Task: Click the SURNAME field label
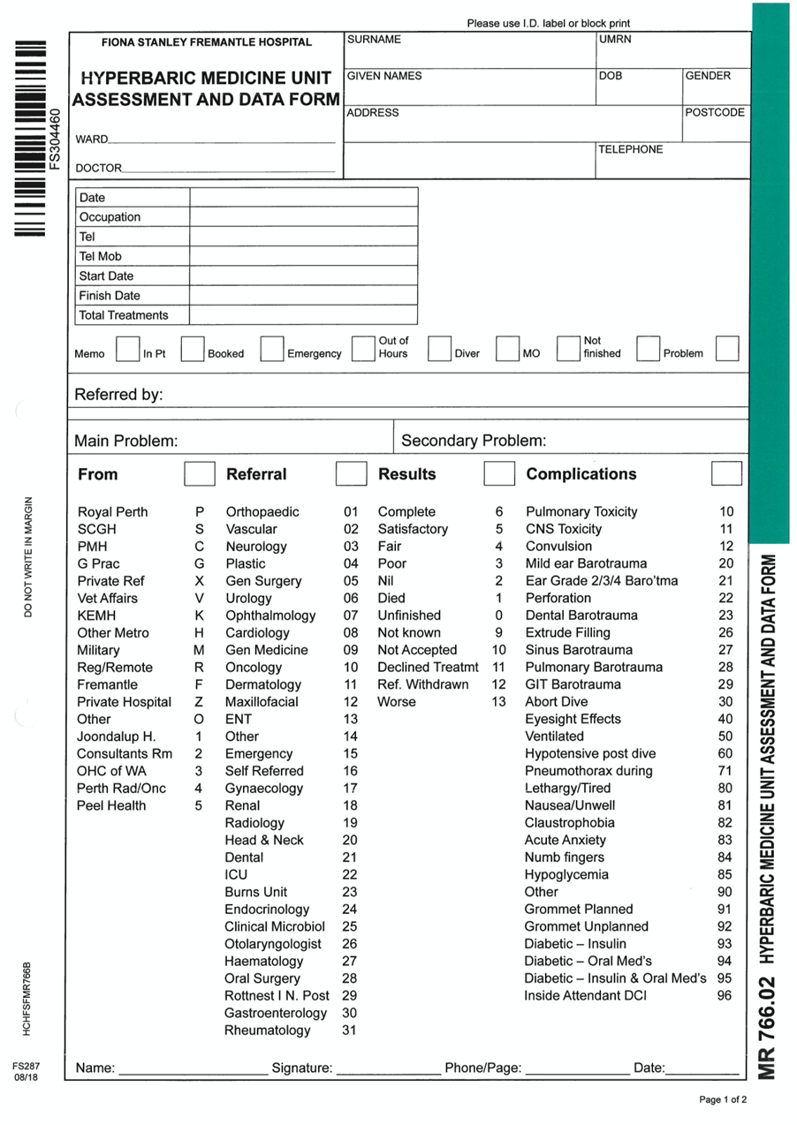[x=374, y=40]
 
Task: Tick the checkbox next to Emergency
[x=363, y=349]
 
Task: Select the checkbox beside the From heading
[x=199, y=474]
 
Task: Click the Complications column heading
[x=581, y=474]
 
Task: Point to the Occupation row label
[x=110, y=217]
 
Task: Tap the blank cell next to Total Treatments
[x=303, y=315]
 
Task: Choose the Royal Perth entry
[x=113, y=512]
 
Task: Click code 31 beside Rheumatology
[x=349, y=1031]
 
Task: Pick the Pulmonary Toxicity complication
[x=581, y=512]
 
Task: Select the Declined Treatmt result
[x=428, y=668]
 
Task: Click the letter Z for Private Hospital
[x=200, y=702]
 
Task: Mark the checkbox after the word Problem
[x=727, y=349]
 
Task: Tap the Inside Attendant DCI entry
[x=585, y=996]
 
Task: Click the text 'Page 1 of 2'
[x=723, y=1100]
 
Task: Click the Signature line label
[x=301, y=1068]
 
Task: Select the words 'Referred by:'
[x=118, y=395]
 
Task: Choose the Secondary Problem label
[x=474, y=441]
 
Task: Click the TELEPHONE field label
[x=630, y=150]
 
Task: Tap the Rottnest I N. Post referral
[x=277, y=996]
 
